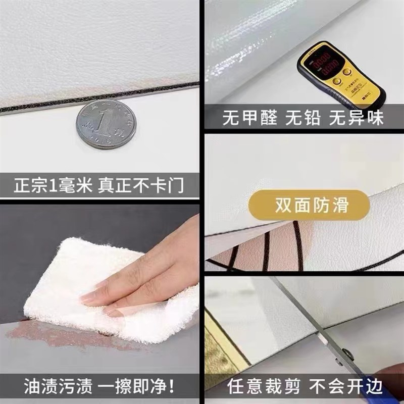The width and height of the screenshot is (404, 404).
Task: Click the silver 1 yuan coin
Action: (x=106, y=124)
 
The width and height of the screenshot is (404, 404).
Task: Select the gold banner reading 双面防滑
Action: (x=309, y=206)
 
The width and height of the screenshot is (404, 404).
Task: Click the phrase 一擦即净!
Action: (x=136, y=388)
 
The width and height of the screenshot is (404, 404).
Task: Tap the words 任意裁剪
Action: (x=257, y=388)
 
